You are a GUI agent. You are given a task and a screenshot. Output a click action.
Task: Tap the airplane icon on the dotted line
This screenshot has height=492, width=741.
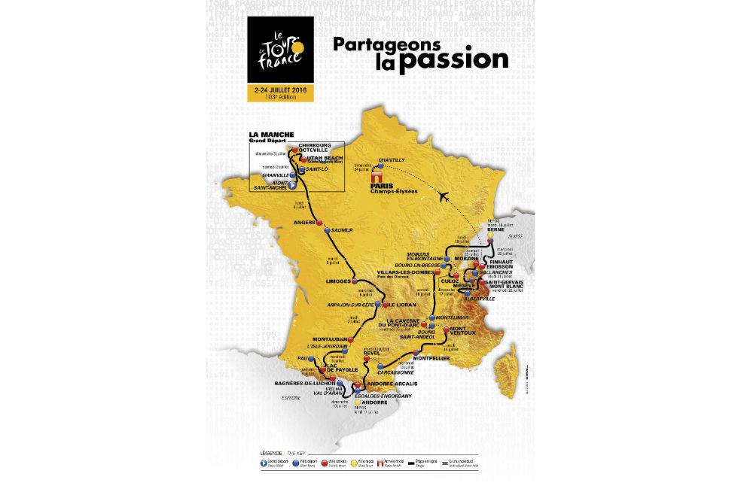(443, 196)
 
